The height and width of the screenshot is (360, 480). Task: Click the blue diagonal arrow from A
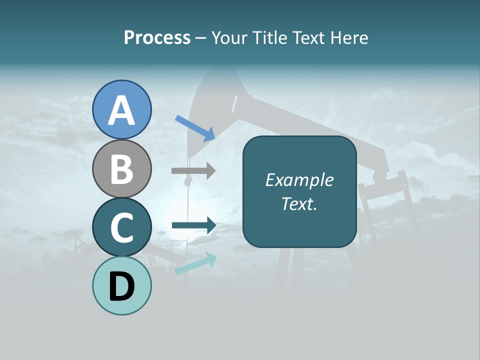click(195, 128)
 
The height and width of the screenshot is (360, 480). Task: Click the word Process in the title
click(157, 38)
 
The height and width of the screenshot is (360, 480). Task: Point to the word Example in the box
click(299, 180)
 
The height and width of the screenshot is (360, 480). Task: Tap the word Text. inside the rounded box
click(299, 203)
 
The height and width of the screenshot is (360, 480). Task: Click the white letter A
click(122, 111)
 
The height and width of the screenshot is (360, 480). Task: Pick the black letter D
click(122, 286)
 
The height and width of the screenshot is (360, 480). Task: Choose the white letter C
click(122, 228)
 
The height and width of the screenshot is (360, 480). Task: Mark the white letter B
click(122, 169)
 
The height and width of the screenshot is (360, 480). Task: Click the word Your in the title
click(231, 38)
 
